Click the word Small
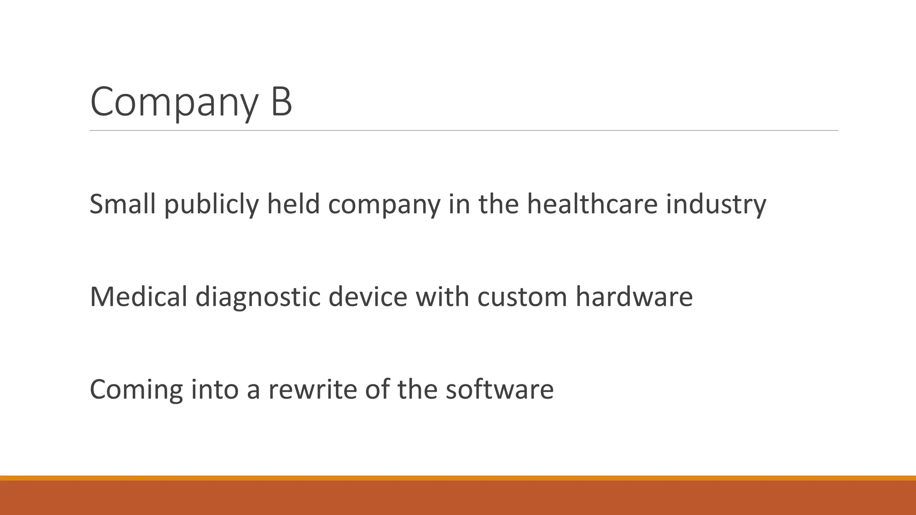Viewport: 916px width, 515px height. click(123, 204)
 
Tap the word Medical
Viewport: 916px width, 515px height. click(138, 296)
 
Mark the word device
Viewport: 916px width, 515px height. click(368, 296)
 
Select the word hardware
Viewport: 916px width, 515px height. click(634, 296)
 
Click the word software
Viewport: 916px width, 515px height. click(500, 389)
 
